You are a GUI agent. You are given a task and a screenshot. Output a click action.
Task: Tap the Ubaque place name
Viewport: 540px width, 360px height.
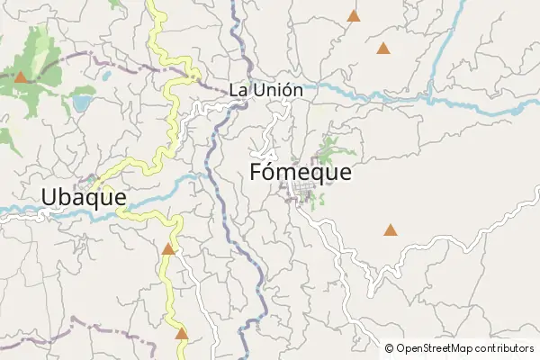pyautogui.click(x=83, y=196)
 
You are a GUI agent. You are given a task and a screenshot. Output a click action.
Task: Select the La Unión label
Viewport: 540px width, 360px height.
pyautogui.click(x=265, y=90)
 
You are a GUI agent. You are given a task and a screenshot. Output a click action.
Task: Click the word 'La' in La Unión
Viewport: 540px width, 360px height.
pyautogui.click(x=238, y=90)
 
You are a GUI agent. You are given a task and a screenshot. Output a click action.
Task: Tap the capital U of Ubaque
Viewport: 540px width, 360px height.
pyautogui.click(x=49, y=196)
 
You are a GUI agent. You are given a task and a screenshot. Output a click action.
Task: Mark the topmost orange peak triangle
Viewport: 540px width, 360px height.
pyautogui.click(x=354, y=15)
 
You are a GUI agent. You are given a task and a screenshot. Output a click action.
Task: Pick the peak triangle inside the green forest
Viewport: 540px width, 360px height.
pyautogui.click(x=20, y=76)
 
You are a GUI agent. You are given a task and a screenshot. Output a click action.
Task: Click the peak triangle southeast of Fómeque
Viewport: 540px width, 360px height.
pyautogui.click(x=390, y=230)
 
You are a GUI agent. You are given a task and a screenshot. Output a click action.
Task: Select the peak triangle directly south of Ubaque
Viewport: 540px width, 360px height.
pyautogui.click(x=167, y=248)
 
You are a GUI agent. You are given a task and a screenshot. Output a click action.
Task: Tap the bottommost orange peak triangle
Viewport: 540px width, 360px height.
pyautogui.click(x=182, y=334)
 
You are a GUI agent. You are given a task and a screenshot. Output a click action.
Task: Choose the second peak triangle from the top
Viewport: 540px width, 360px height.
pyautogui.click(x=383, y=49)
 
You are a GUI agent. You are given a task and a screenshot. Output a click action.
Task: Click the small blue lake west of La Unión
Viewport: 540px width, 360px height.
pyautogui.click(x=82, y=103)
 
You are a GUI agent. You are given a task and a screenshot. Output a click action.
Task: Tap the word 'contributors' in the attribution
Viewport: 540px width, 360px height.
pyautogui.click(x=505, y=348)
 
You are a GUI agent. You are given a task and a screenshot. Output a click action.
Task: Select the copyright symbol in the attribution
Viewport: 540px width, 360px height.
pyautogui.click(x=390, y=348)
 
